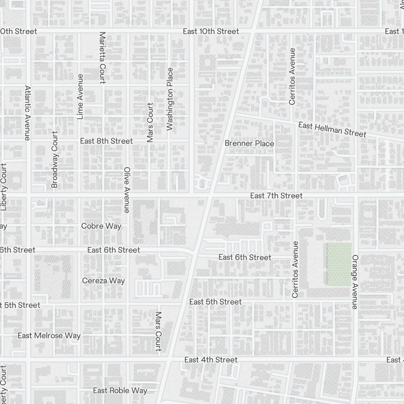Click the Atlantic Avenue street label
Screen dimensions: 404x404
pos(27,113)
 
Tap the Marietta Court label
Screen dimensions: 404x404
pos(102,57)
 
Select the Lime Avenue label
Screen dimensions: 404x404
pos(80,97)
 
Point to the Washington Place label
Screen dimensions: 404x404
pos(170,99)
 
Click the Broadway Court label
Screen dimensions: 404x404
pos(55,159)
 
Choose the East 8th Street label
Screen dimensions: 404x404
pos(106,141)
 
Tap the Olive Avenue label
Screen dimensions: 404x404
pos(126,190)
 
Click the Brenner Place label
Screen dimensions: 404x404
pos(249,143)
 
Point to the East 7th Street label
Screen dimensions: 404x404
pos(276,196)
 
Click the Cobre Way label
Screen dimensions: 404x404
pos(101,226)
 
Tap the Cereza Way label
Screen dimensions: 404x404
pos(103,280)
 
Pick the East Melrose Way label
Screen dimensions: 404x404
pos(49,335)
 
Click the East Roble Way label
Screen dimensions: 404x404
pos(120,390)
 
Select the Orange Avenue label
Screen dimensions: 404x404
pos(355,282)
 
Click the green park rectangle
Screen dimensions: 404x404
pos(339,264)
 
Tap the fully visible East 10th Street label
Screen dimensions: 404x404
pos(210,31)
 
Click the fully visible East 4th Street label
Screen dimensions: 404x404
pos(210,360)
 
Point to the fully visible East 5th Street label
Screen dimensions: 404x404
pos(215,302)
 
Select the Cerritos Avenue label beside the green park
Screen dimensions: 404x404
pos(295,269)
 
